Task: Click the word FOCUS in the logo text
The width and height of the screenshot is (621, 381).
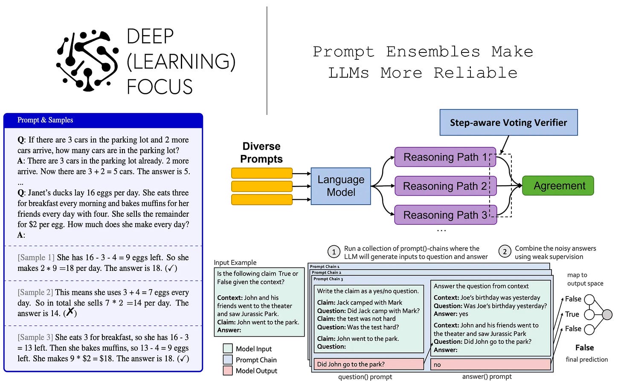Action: tap(160, 87)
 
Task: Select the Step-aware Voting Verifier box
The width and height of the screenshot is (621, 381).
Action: tap(508, 122)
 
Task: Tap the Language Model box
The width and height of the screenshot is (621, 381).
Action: tap(341, 186)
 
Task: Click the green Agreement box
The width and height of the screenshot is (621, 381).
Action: tap(558, 186)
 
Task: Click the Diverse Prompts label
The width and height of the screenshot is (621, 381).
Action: tap(261, 153)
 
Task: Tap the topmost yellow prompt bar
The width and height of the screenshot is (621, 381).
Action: tap(261, 173)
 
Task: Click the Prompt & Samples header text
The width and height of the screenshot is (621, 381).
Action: tap(45, 120)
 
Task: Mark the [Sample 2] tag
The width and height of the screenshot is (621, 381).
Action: tap(35, 292)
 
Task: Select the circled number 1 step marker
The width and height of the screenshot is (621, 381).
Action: tap(334, 252)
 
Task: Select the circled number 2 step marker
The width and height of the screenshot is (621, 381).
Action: tap(505, 252)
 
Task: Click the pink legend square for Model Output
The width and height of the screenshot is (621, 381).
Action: tap(228, 371)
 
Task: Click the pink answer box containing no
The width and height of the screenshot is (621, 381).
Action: tap(490, 364)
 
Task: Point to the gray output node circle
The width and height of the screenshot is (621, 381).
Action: tap(607, 315)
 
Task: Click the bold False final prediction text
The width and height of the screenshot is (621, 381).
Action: tap(584, 348)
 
